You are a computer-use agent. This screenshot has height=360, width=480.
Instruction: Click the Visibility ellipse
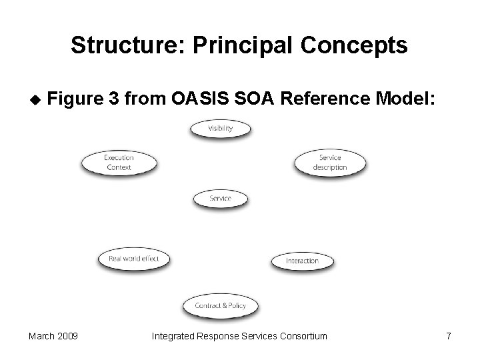pyautogui.click(x=221, y=129)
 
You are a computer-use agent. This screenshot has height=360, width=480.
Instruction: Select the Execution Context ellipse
pyautogui.click(x=119, y=163)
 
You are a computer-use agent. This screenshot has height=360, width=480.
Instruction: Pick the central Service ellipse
pyautogui.click(x=221, y=199)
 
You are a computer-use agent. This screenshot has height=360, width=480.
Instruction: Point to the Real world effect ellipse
pyautogui.click(x=134, y=259)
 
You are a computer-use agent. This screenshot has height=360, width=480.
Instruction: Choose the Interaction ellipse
pyautogui.click(x=302, y=261)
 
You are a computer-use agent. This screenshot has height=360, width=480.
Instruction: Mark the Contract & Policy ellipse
pyautogui.click(x=221, y=306)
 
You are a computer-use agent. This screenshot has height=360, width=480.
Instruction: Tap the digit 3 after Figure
pyautogui.click(x=115, y=99)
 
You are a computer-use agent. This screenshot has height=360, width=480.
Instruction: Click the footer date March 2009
pyautogui.click(x=53, y=336)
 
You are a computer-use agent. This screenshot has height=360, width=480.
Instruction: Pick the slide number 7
pyautogui.click(x=448, y=336)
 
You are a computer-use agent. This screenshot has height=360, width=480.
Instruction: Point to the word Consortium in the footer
pyautogui.click(x=300, y=336)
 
